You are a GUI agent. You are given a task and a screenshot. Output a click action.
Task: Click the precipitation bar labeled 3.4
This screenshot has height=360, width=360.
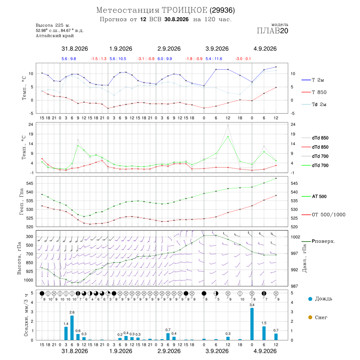tap(252, 324)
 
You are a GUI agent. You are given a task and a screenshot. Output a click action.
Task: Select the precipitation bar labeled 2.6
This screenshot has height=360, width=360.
tap(72, 328)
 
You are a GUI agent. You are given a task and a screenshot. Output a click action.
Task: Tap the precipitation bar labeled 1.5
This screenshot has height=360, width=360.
tap(264, 333)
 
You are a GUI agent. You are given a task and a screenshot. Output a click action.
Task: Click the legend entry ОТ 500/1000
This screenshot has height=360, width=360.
tap(323, 215)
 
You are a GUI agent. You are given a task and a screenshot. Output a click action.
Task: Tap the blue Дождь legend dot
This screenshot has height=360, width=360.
tap(310, 299)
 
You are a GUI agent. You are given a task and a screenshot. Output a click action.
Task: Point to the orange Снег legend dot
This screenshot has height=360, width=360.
tap(310, 317)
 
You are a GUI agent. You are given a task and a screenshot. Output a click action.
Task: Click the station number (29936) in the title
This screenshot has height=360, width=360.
tap(222, 10)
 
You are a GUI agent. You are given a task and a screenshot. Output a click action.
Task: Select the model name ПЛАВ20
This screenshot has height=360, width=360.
tap(272, 31)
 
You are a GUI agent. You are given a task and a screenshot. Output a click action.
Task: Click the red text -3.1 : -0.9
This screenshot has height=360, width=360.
tap(146, 59)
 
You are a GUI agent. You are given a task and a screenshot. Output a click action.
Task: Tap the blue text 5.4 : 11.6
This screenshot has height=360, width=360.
tap(214, 59)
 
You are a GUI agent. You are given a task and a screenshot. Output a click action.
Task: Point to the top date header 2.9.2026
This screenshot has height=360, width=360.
tap(169, 49)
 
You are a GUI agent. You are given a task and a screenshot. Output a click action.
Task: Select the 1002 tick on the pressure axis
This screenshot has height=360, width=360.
tap(295, 237)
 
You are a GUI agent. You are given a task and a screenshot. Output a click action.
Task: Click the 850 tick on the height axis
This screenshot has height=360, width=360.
tap(29, 263)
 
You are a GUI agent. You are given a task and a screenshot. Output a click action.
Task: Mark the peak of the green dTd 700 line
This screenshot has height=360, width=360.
tap(228, 137)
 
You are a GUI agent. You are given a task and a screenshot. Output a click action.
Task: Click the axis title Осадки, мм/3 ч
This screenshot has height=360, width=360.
tap(26, 315)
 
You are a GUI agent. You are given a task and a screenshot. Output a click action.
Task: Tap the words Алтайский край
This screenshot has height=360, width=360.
tap(55, 36)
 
